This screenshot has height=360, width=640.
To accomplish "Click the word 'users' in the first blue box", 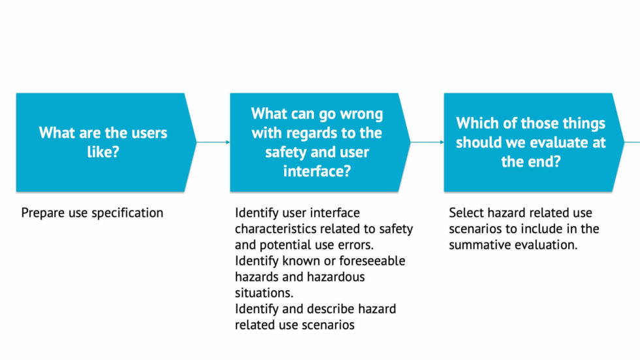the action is pos(150,133).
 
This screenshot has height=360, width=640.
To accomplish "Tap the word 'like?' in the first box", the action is pos(103,152).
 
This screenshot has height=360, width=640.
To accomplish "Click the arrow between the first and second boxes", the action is pos(213,142).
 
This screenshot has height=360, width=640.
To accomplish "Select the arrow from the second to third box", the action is pos(427,142).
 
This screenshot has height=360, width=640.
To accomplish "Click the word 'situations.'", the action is pos(264,293).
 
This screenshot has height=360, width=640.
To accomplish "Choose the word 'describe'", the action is pos(330,308).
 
